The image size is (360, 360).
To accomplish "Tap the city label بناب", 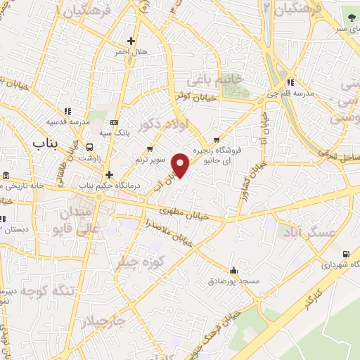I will click(x=48, y=143).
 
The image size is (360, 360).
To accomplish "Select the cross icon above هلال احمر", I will click(x=131, y=41).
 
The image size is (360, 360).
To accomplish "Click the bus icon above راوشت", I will click(x=89, y=147).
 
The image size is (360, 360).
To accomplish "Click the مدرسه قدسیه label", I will click(x=68, y=122).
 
